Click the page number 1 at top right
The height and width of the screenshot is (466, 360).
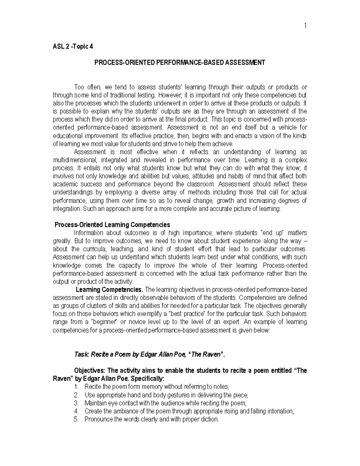[x=305, y=26]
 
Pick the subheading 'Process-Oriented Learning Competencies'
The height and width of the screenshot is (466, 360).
[x=112, y=225]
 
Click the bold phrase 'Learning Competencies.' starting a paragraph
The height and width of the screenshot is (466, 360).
[x=109, y=290]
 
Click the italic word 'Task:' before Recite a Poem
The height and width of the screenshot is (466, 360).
[x=82, y=354]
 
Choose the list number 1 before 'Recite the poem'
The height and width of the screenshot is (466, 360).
[x=76, y=387]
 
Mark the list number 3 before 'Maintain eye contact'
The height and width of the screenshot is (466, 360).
[x=76, y=403]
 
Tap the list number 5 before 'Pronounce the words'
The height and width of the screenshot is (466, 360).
[x=76, y=419]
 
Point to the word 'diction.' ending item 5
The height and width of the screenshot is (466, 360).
[x=210, y=419]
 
